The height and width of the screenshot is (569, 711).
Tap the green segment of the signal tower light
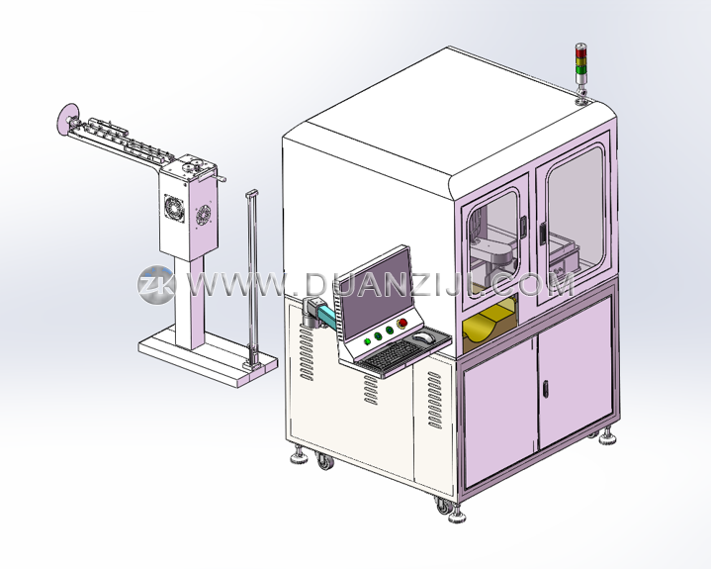[x=580, y=69]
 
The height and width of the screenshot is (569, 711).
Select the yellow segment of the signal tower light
[x=580, y=60]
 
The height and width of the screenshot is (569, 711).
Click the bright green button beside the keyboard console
[x=367, y=340]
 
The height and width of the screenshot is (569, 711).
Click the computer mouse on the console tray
[x=423, y=337]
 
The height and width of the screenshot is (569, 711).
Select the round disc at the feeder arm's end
[x=67, y=119]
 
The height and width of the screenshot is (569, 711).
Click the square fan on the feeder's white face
[x=174, y=208]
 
